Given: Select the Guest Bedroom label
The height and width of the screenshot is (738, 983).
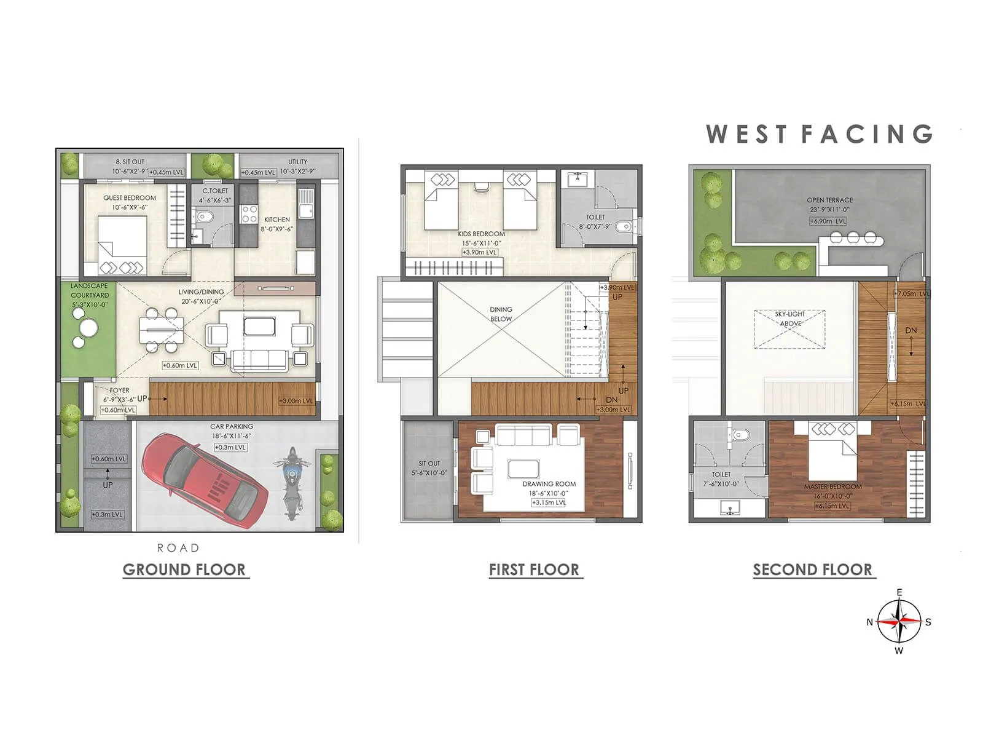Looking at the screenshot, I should coord(130,198).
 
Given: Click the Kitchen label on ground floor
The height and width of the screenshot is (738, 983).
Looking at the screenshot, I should coord(277,220).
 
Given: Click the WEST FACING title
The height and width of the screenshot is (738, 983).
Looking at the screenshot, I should coord(819,134).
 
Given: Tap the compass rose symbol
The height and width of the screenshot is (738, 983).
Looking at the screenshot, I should coord(899,622).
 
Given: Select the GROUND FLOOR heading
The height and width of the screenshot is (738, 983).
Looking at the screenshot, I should coord(184,569).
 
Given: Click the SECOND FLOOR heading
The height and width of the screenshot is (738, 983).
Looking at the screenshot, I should coord(812,569).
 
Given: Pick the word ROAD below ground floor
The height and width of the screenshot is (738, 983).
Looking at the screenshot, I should coord(178,547).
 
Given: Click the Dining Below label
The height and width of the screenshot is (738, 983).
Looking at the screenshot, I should coord(501,314).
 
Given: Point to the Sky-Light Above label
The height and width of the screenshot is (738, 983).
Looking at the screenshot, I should coord(790,319).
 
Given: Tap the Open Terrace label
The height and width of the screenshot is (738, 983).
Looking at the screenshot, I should coord(829,200).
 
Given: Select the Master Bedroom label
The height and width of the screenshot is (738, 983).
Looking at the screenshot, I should coord(832,486).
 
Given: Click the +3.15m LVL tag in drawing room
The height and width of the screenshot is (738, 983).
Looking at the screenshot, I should coord(549,502).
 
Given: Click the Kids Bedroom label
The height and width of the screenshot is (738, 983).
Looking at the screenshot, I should coord(481,234).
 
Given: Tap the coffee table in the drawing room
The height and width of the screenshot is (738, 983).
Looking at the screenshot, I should coord(523,469).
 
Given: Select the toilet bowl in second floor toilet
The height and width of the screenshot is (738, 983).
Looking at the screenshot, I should coord(740,435).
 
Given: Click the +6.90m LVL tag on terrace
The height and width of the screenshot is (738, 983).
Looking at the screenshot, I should coord(828,221).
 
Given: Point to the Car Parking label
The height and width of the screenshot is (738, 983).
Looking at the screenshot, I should coord(231,426).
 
